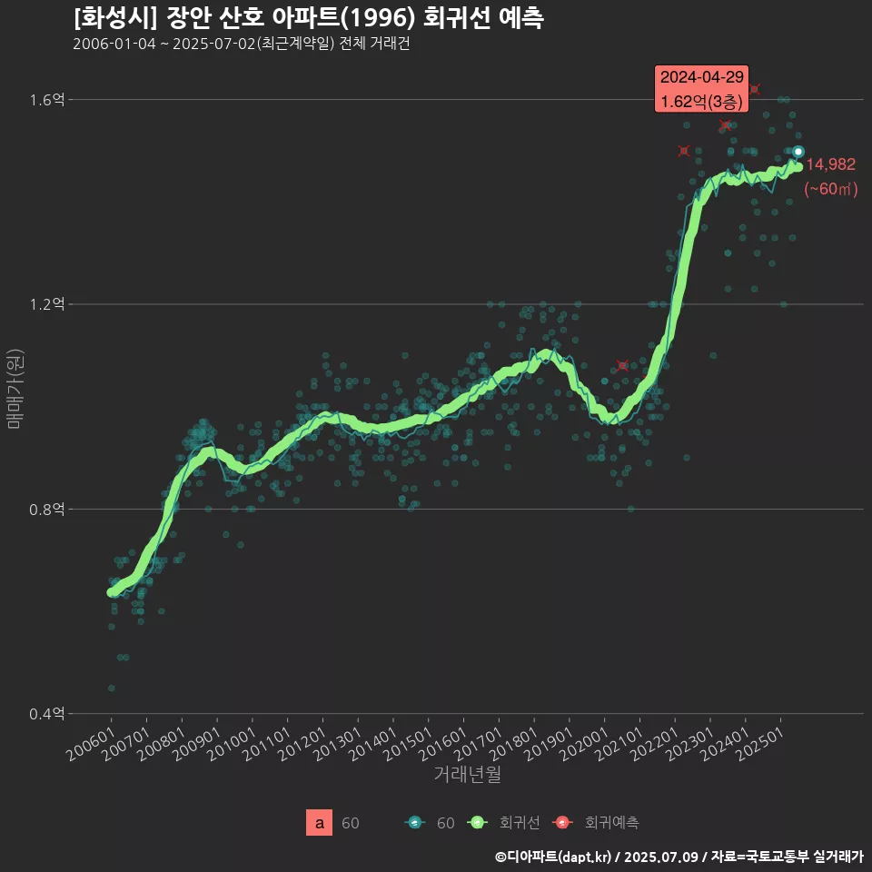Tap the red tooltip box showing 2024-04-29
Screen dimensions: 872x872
pos(702,89)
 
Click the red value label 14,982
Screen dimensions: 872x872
pos(830,164)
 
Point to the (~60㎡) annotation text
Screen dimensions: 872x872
pos(830,190)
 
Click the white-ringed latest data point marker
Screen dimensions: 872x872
pos(798,152)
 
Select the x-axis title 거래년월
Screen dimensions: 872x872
pos(467,774)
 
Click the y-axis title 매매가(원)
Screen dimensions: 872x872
pos(15,389)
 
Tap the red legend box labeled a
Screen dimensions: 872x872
pos(320,823)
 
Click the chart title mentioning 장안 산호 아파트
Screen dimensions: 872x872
pos(309,18)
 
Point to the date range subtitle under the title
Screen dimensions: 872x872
pos(241,45)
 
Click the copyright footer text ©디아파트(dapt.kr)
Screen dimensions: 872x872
pos(556,857)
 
